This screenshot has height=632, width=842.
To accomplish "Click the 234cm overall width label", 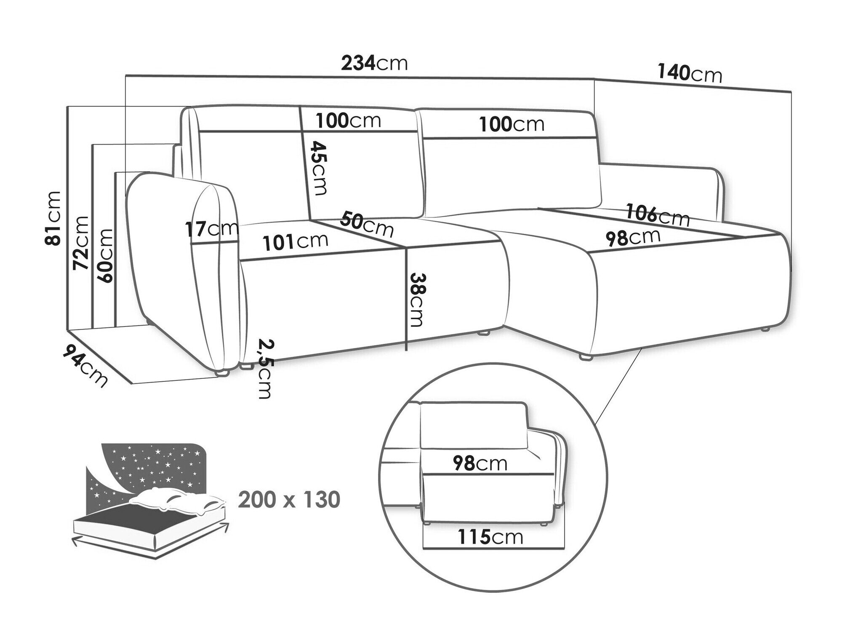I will [x=374, y=63].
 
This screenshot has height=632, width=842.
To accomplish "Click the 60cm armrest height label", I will [x=105, y=255].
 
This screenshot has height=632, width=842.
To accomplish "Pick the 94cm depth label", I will [x=84, y=365].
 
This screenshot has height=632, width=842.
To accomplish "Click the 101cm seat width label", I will [x=295, y=241].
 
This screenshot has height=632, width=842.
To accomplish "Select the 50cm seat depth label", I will [x=367, y=224].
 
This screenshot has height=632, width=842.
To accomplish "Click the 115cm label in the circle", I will [x=490, y=537].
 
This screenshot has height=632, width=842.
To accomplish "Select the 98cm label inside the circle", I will [x=480, y=463].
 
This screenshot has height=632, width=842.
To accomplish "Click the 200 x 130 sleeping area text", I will [x=289, y=500].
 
